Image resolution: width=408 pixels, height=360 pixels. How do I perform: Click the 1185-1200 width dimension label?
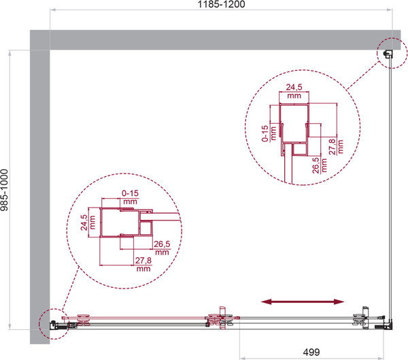[x=221, y=5]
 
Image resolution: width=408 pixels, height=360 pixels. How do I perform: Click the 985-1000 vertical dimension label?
[x=5, y=190]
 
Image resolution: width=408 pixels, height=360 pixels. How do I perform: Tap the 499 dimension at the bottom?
[x=311, y=353]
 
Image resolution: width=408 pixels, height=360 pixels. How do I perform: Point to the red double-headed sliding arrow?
[x=303, y=301]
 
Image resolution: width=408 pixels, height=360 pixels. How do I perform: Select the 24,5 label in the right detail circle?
[x=294, y=87]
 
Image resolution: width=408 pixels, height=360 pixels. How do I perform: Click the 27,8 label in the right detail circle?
[x=333, y=147]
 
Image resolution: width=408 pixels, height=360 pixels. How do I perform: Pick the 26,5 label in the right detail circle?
[x=316, y=165]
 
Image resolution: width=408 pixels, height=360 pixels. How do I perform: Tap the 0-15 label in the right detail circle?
[x=265, y=133]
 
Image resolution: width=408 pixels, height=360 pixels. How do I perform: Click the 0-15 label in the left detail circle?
[x=130, y=193]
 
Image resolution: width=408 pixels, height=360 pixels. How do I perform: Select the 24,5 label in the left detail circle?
[x=84, y=223]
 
